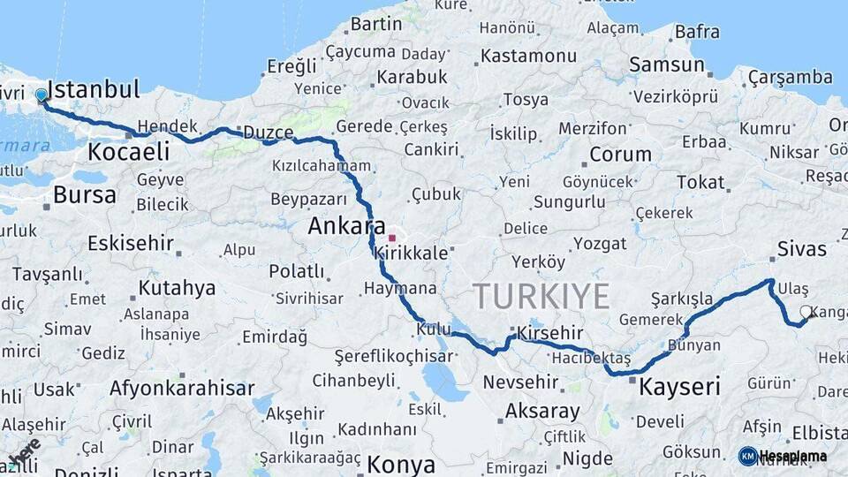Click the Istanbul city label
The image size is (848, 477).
pos(93,89)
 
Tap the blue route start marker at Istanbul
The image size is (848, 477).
pos(42,95)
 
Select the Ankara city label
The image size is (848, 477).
pos(346,226)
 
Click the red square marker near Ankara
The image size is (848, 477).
pos(392,238)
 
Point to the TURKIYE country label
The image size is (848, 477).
pos(541,295)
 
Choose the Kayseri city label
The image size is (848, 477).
pos(679,386)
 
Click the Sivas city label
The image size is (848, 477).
pos(801,248)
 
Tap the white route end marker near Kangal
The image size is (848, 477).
pos(806,312)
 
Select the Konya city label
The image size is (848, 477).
pos(401,465)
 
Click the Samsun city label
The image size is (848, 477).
pos(666,64)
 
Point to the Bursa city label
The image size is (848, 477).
pos(84,194)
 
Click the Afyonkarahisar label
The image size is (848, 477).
pos(182,388)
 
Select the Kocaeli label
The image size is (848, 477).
pos(128,152)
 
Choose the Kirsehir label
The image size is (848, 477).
pos(550,333)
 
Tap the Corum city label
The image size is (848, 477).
pos(620,155)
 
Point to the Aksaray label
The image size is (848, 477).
pos(542,412)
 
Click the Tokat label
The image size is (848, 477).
pos(700,182)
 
